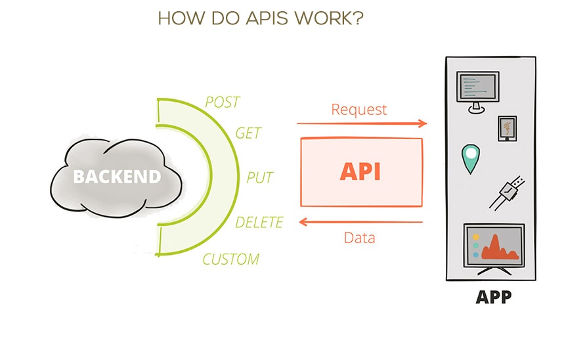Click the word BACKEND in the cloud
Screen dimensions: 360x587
[116, 177]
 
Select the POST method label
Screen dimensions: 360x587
[223, 102]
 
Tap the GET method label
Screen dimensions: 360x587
[248, 133]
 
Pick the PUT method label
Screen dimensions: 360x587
[259, 177]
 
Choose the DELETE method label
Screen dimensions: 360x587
[259, 222]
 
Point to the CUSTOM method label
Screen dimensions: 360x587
[230, 259]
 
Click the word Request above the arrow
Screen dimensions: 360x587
[359, 109]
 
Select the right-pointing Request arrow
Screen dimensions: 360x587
[362, 123]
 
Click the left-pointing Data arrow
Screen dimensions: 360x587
[360, 223]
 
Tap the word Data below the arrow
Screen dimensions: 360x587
[360, 237]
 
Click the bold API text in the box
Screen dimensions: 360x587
[360, 171]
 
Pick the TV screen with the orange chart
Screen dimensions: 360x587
[494, 248]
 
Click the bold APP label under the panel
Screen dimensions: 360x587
[493, 297]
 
